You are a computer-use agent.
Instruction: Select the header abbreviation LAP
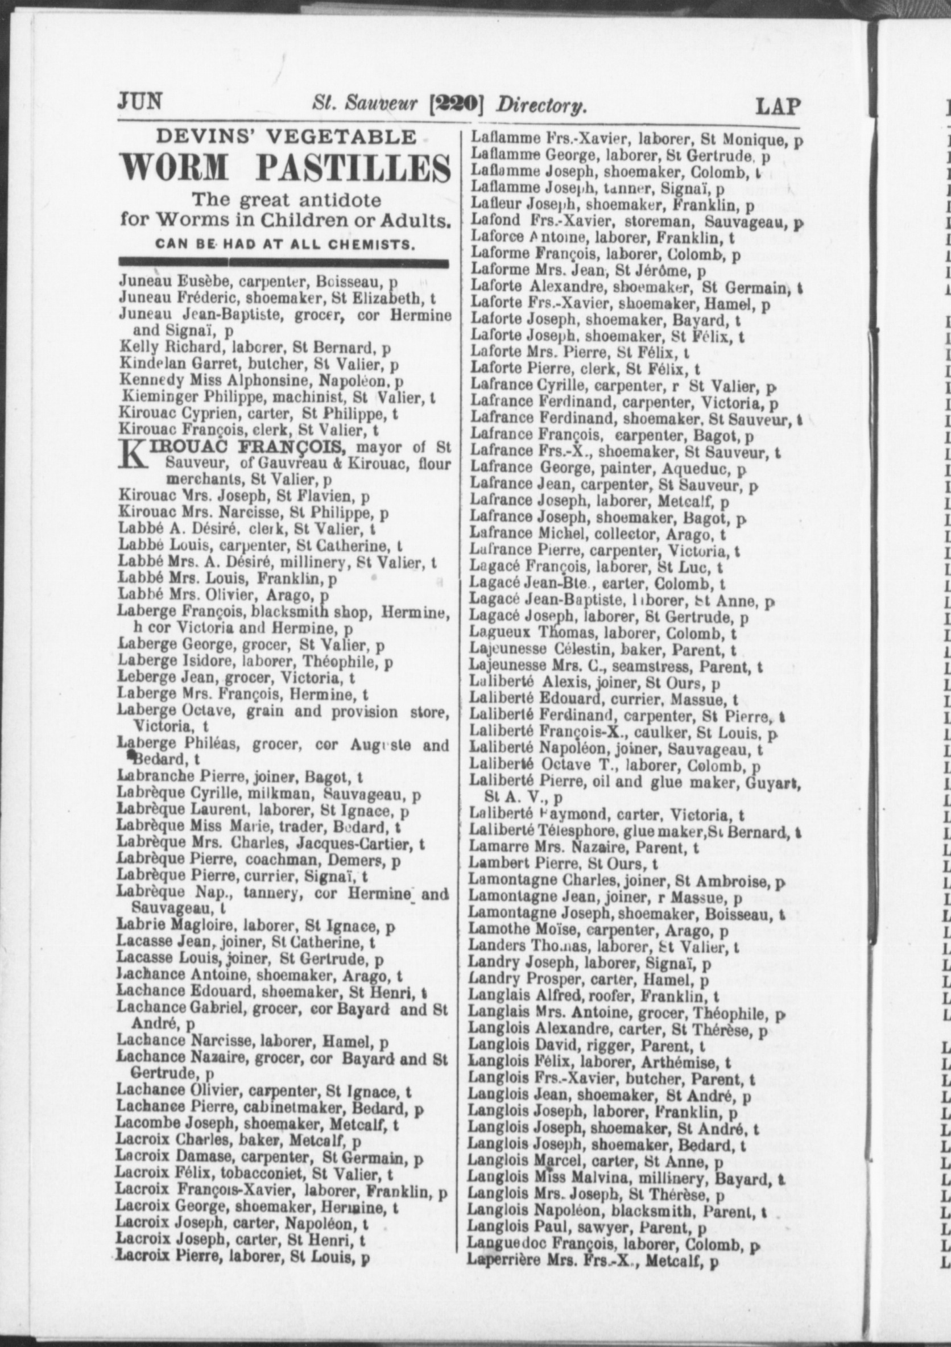(x=778, y=106)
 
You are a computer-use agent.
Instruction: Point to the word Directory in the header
(x=541, y=106)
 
